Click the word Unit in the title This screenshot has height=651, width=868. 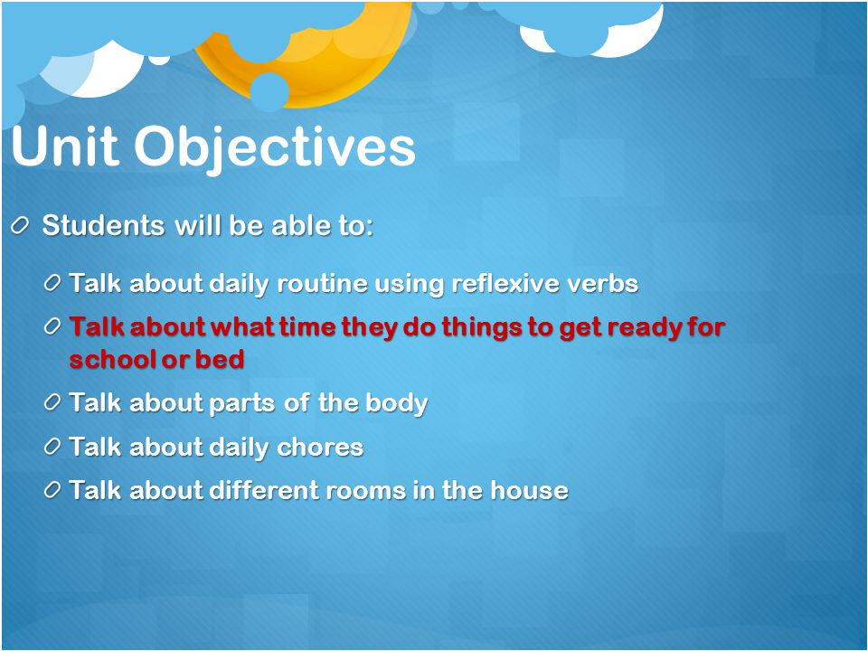(x=65, y=146)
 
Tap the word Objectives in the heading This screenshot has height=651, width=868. (x=275, y=149)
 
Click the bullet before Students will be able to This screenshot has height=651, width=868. (x=19, y=226)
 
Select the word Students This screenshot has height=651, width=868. (x=103, y=225)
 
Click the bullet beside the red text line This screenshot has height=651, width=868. (x=52, y=326)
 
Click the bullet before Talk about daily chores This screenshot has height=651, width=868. (x=52, y=446)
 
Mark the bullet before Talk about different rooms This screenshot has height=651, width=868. (x=52, y=490)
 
